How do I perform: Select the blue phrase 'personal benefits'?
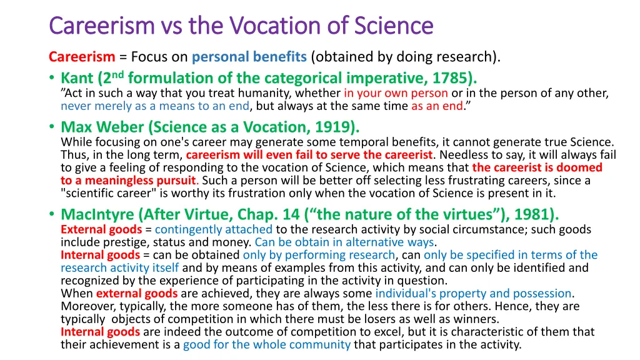249,57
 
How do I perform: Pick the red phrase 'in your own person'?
396,93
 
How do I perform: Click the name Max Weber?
102,127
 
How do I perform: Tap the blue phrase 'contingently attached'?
214,229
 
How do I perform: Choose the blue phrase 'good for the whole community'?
266,344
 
